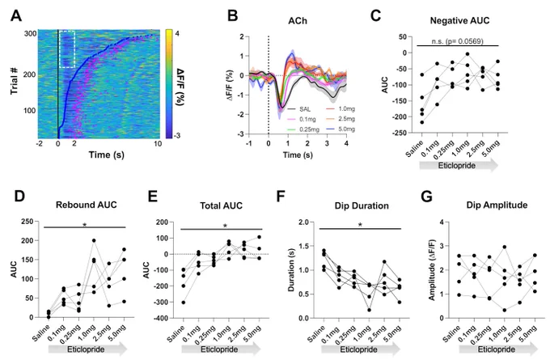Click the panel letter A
tap(16, 16)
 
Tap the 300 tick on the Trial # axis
tap(31, 34)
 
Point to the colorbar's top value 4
tap(177, 33)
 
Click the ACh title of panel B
tap(298, 21)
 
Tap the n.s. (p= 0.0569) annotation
tap(457, 41)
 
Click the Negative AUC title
tap(459, 21)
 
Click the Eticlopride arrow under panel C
tap(459, 165)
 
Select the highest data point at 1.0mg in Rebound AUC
tap(94, 241)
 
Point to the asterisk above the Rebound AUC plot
tap(85, 225)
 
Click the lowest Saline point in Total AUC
tap(183, 302)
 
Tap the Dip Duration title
tap(362, 205)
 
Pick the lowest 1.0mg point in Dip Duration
tap(369, 310)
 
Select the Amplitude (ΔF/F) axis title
tap(432, 270)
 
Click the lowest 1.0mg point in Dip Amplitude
tap(505, 310)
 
